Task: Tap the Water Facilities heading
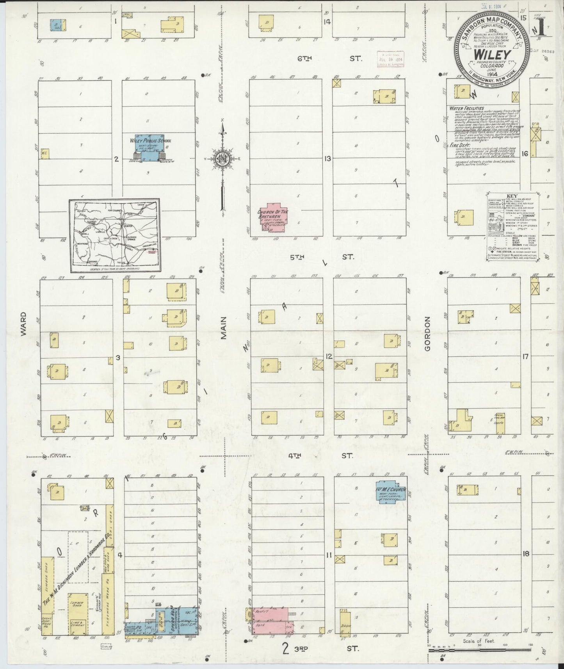(466, 108)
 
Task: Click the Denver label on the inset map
(128, 226)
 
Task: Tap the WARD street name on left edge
(23, 324)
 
